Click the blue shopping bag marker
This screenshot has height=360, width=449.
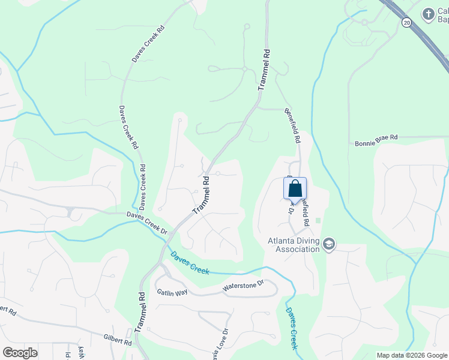[295, 188]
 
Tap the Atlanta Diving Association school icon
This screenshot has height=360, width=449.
[329, 244]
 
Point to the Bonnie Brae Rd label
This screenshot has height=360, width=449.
[376, 137]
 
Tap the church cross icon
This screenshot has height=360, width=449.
[428, 14]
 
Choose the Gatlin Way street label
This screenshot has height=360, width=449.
[172, 292]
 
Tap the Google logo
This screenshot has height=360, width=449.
[20, 353]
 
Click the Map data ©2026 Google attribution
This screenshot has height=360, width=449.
[411, 355]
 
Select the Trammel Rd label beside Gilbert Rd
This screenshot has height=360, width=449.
[140, 313]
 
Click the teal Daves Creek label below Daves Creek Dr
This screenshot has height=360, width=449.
[190, 263]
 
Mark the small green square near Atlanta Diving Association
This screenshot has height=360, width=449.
[318, 220]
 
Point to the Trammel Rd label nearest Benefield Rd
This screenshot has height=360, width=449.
[263, 70]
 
